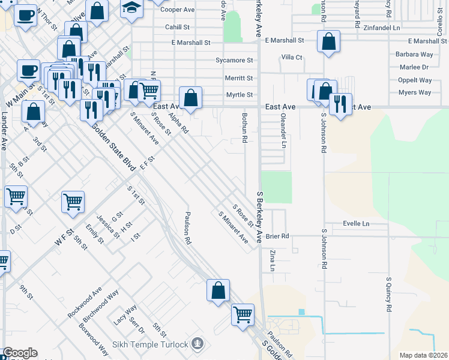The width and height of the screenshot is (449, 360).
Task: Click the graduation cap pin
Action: tap(131, 9)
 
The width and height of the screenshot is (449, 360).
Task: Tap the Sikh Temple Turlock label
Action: tap(151, 344)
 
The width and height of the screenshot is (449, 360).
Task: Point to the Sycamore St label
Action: tap(234, 61)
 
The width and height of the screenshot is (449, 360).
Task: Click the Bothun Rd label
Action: tap(245, 128)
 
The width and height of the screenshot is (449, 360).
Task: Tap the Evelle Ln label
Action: tap(356, 224)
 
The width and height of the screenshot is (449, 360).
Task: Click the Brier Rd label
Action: tap(277, 236)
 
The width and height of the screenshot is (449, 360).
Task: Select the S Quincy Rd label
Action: tap(389, 294)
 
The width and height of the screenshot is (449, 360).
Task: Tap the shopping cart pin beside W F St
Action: tap(73, 202)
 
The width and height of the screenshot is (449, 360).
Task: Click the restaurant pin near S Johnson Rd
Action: tap(340, 103)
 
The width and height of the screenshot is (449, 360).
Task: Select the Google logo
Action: tap(20, 353)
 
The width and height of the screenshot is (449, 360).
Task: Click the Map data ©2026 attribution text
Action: tap(423, 355)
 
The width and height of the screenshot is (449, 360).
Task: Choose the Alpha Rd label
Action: tap(179, 122)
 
